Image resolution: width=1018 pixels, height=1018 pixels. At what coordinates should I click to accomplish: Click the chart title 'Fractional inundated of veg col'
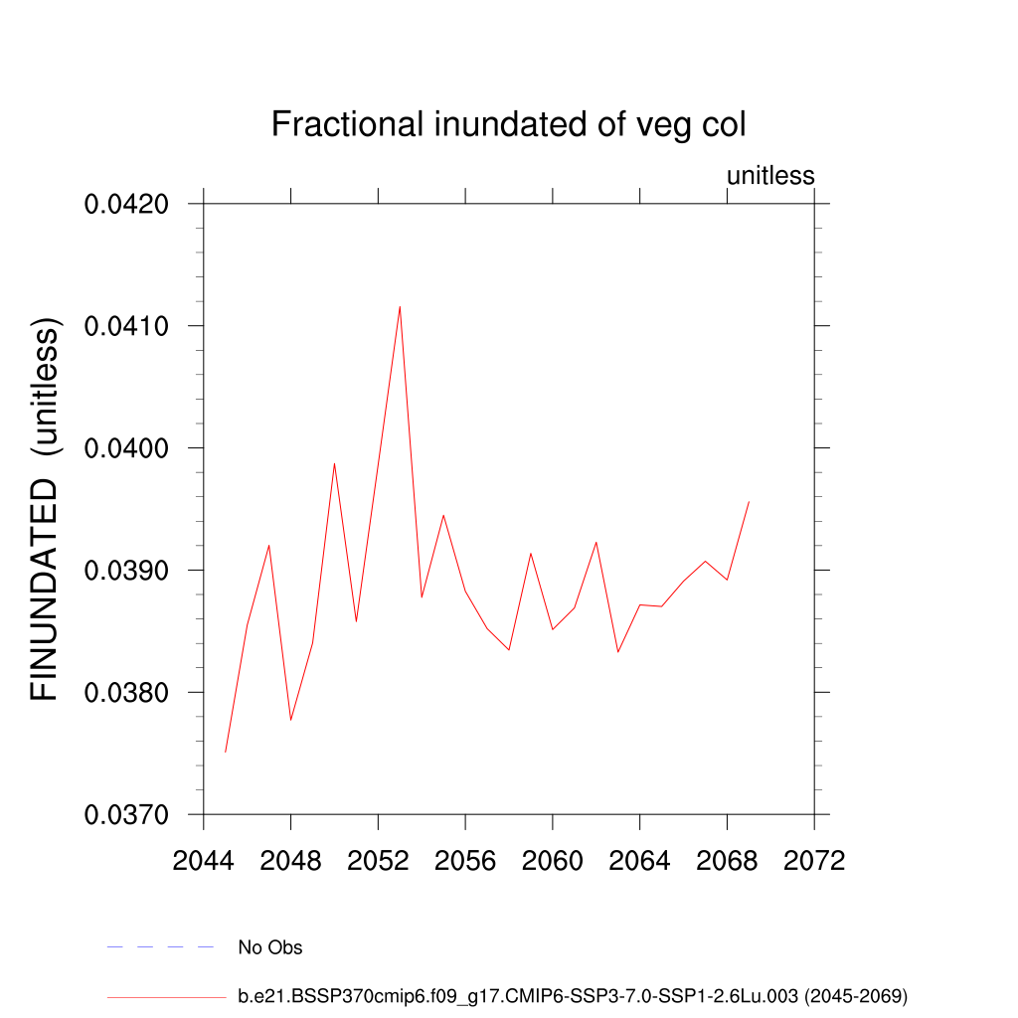click(x=508, y=125)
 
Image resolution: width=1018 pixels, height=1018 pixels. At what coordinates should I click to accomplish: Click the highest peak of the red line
click(x=400, y=306)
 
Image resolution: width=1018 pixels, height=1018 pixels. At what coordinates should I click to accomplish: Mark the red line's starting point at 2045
click(x=226, y=752)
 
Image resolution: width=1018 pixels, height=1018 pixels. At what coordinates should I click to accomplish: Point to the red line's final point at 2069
click(x=749, y=502)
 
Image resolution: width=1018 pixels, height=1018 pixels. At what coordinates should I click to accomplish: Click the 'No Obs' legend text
click(x=269, y=947)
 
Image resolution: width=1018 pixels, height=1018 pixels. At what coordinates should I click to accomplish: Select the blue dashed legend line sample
click(x=160, y=947)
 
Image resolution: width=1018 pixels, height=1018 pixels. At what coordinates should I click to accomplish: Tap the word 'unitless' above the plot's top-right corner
click(x=770, y=176)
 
